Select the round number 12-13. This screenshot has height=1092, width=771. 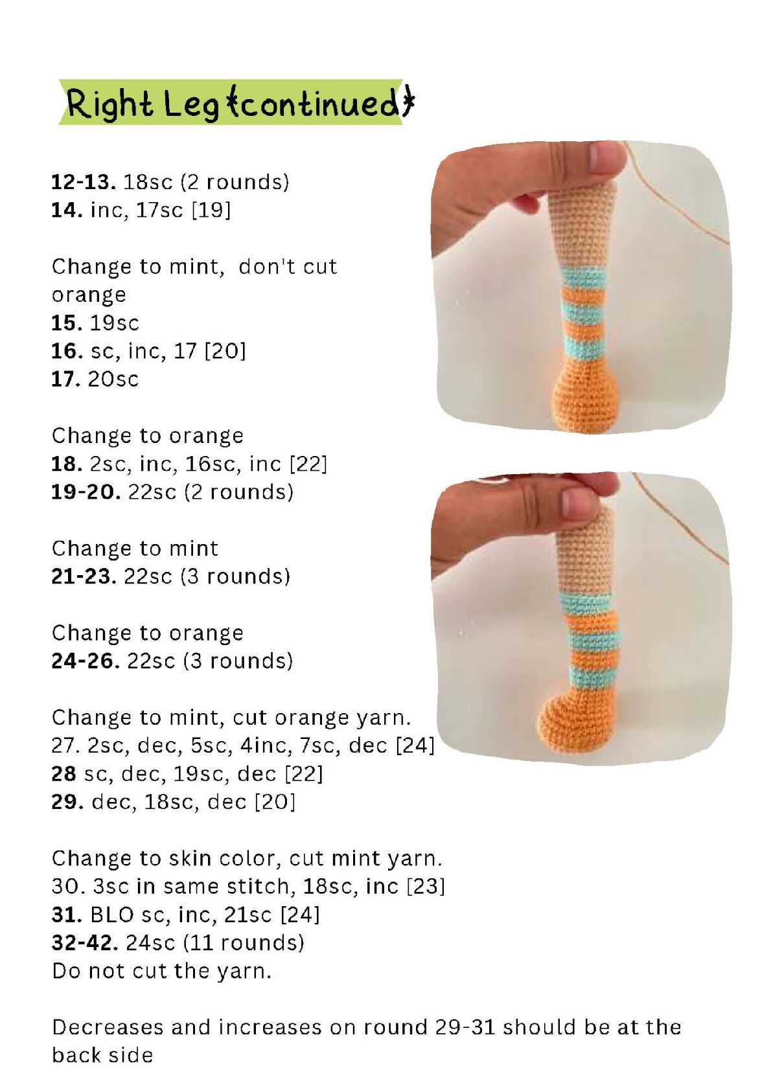pyautogui.click(x=84, y=182)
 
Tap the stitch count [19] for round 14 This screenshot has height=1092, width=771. pyautogui.click(x=211, y=210)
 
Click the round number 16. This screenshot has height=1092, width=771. pyautogui.click(x=67, y=351)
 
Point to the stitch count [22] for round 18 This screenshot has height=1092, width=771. pyautogui.click(x=308, y=464)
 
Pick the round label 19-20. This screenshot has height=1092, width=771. pyautogui.click(x=86, y=492)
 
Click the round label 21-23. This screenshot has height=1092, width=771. pyautogui.click(x=84, y=576)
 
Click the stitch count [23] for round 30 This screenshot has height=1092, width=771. pyautogui.click(x=426, y=886)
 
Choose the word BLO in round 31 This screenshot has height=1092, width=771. pyautogui.click(x=111, y=915)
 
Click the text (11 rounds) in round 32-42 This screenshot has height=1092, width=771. pyautogui.click(x=244, y=943)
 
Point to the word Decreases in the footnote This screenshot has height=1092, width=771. pyautogui.click(x=108, y=1027)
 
